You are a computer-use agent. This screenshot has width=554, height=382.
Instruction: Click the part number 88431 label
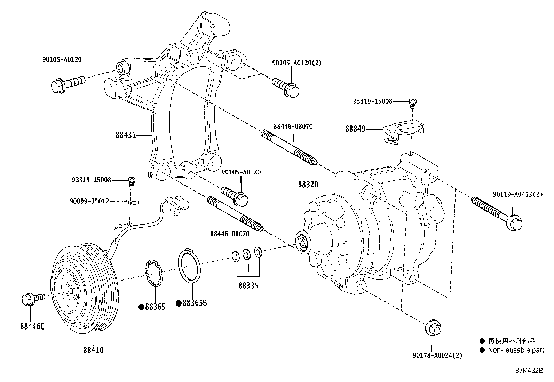(125, 135)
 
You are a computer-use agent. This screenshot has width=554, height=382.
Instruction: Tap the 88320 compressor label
(308, 185)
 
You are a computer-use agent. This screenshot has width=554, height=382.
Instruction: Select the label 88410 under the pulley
(93, 350)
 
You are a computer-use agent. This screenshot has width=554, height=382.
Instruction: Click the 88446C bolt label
(32, 327)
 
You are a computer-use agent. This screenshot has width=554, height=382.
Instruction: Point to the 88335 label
(248, 286)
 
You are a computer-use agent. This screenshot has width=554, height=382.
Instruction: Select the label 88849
(355, 129)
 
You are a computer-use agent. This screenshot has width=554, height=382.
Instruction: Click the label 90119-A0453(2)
(517, 194)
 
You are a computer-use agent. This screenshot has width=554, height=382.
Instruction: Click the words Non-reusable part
(516, 350)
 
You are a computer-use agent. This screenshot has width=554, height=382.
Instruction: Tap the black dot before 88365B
(179, 304)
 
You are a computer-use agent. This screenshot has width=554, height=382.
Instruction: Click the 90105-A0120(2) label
(296, 63)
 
